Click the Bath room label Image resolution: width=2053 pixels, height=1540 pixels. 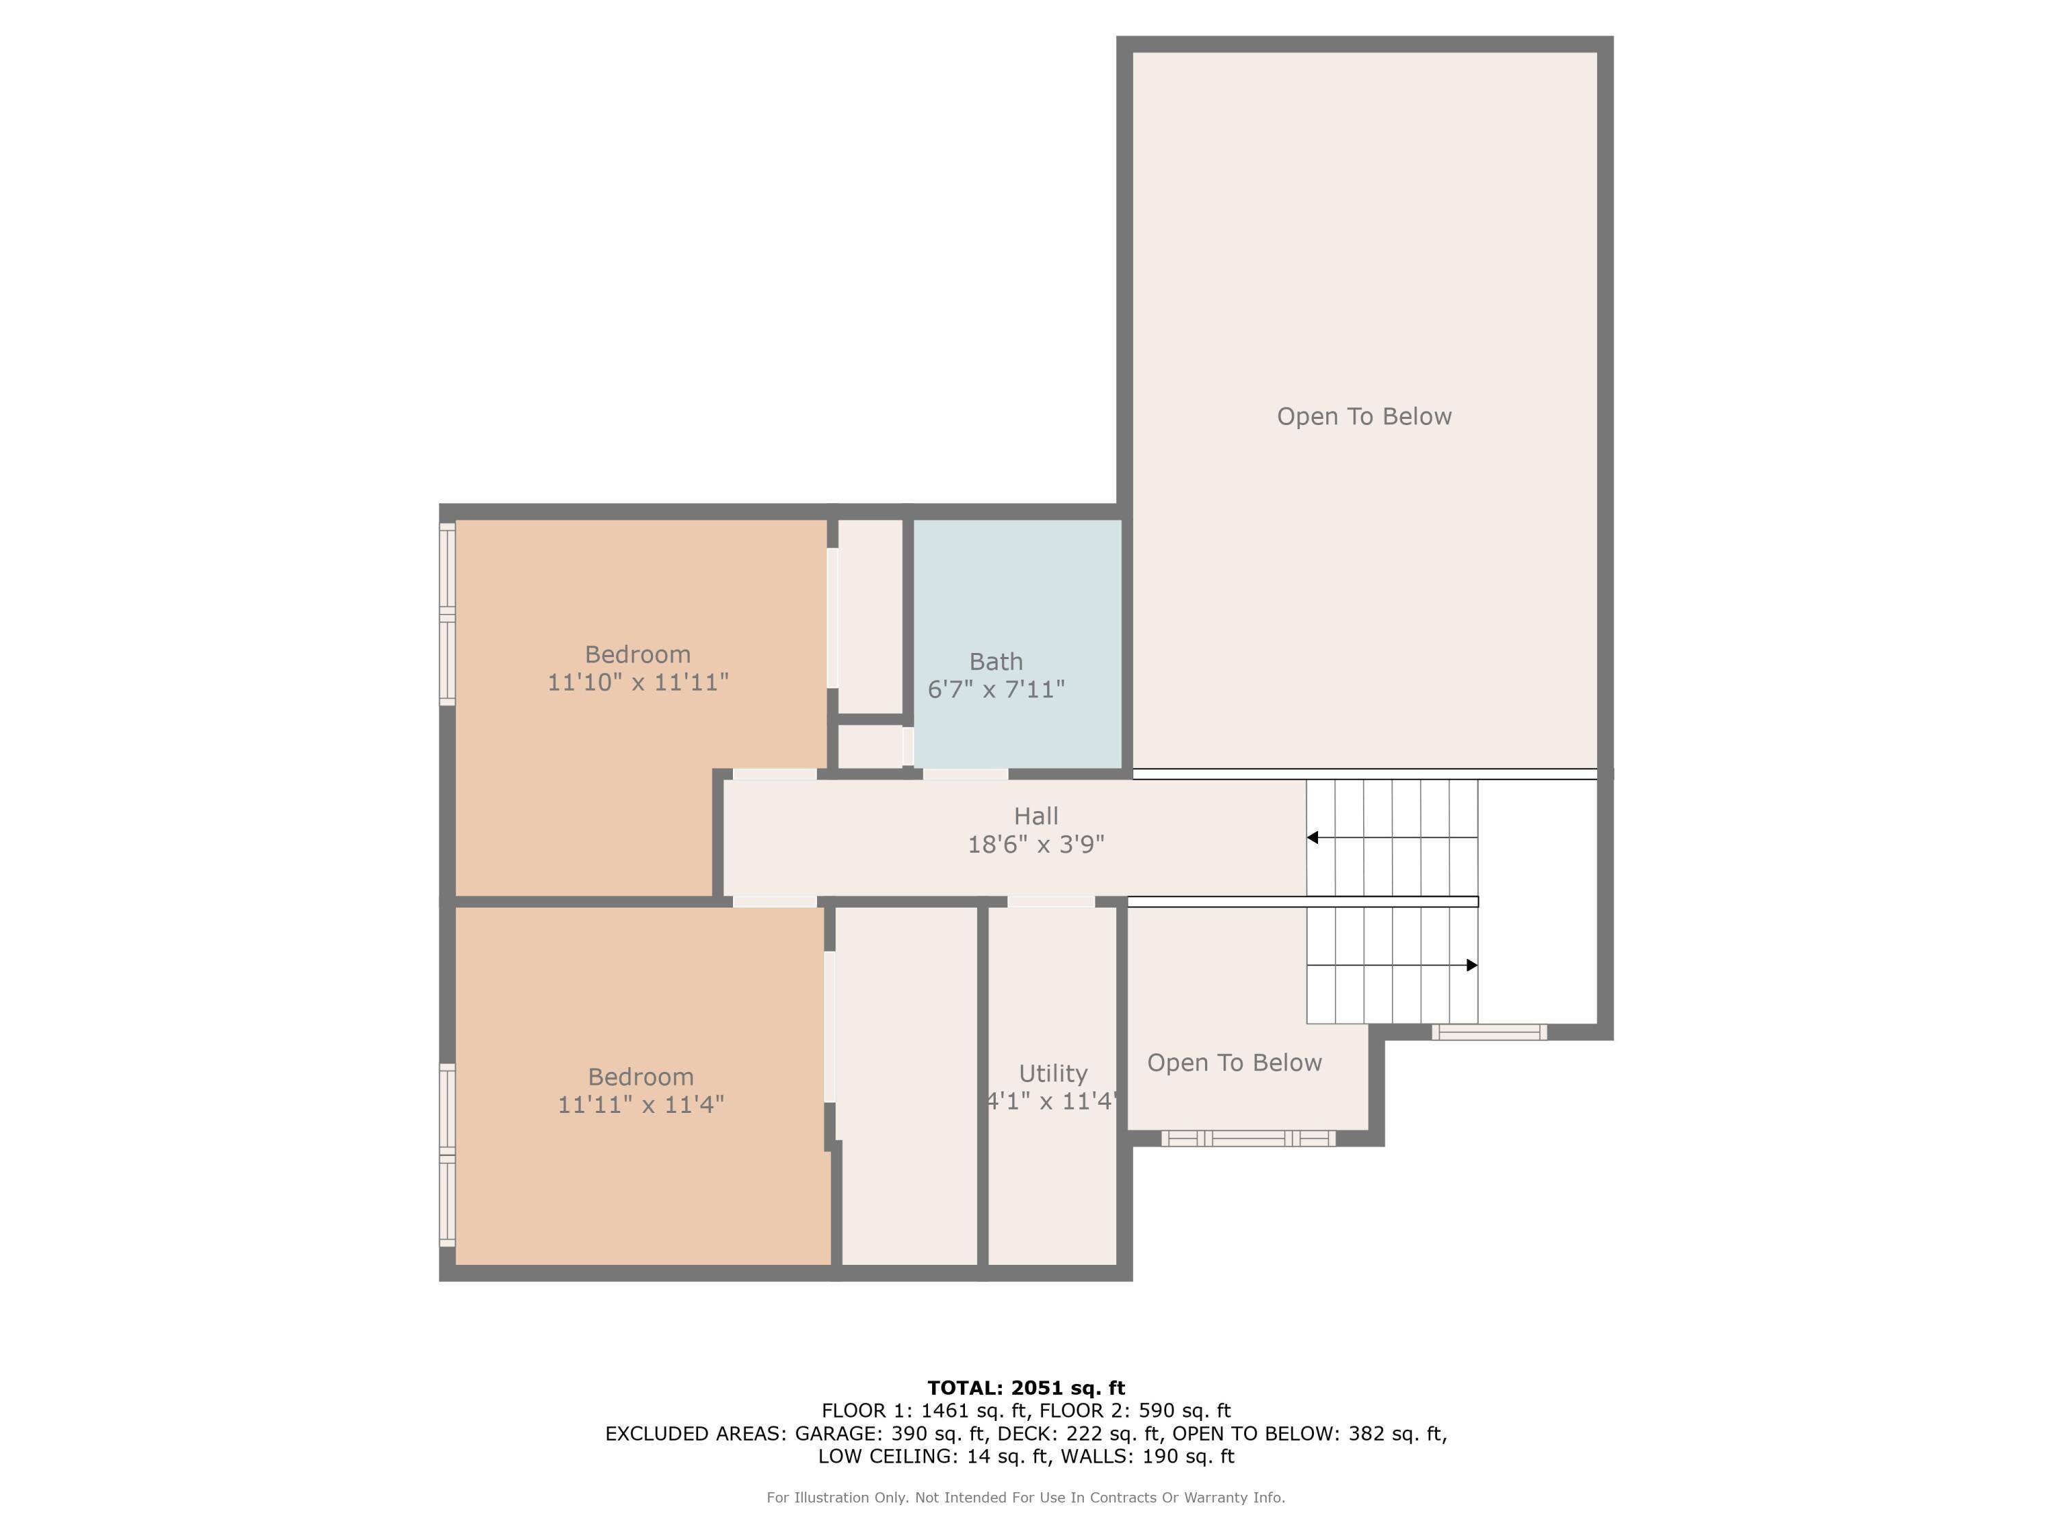tap(996, 662)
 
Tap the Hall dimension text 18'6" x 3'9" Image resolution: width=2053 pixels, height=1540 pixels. tap(1036, 845)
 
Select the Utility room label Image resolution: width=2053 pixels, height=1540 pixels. tap(1053, 1073)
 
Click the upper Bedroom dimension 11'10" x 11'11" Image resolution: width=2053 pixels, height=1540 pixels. tap(638, 682)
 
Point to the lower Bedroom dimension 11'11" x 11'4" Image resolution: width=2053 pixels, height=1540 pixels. tap(641, 1105)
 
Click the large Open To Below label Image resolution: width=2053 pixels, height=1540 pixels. tap(1363, 417)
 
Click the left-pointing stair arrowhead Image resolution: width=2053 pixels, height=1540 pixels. tap(1313, 837)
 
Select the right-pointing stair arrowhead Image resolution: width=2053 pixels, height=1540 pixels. tap(1471, 965)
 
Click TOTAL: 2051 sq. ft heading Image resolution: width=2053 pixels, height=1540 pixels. tap(1026, 1388)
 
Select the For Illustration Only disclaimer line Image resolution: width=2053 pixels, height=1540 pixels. tap(1026, 1498)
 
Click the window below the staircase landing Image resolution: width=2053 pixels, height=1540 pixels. tap(1488, 1032)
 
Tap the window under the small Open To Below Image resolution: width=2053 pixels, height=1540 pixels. tap(1248, 1139)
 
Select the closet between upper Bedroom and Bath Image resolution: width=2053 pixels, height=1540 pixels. tap(870, 617)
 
